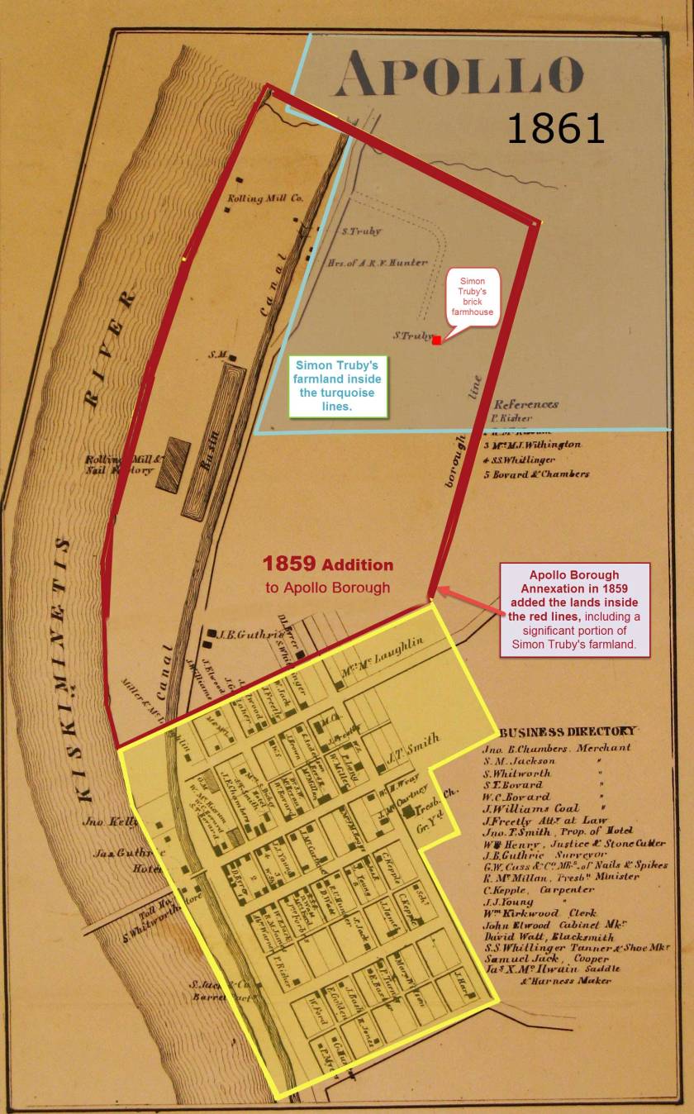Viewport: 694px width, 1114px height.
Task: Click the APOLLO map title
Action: tap(459, 74)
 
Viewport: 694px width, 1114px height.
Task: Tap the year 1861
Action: tap(555, 129)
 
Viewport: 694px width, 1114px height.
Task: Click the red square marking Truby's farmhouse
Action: tap(436, 340)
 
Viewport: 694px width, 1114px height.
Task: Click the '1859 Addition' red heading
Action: tap(328, 565)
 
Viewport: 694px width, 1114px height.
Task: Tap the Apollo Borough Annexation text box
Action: tap(574, 609)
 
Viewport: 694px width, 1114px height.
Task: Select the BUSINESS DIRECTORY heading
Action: tap(568, 731)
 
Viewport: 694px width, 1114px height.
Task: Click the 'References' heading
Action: tap(525, 405)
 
